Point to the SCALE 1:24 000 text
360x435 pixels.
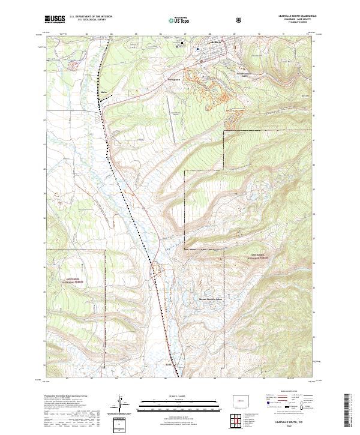179,395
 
